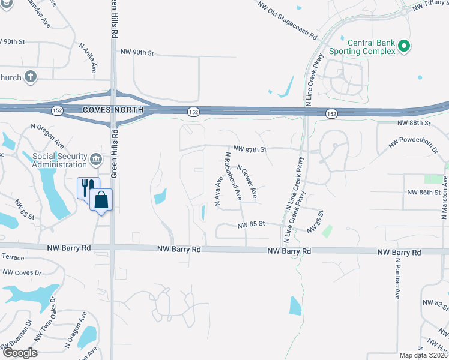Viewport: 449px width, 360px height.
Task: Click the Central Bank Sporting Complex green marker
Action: pyautogui.click(x=404, y=45)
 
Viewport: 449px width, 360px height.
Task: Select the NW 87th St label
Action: pyautogui.click(x=249, y=149)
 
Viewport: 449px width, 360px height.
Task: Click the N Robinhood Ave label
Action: pyautogui.click(x=233, y=175)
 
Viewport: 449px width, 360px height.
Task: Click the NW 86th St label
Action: pyautogui.click(x=423, y=192)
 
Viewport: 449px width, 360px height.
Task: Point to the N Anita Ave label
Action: pyautogui.click(x=88, y=58)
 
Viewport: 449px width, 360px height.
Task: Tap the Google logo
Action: pyautogui.click(x=19, y=353)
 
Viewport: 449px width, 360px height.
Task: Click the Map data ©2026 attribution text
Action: pyautogui.click(x=423, y=355)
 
